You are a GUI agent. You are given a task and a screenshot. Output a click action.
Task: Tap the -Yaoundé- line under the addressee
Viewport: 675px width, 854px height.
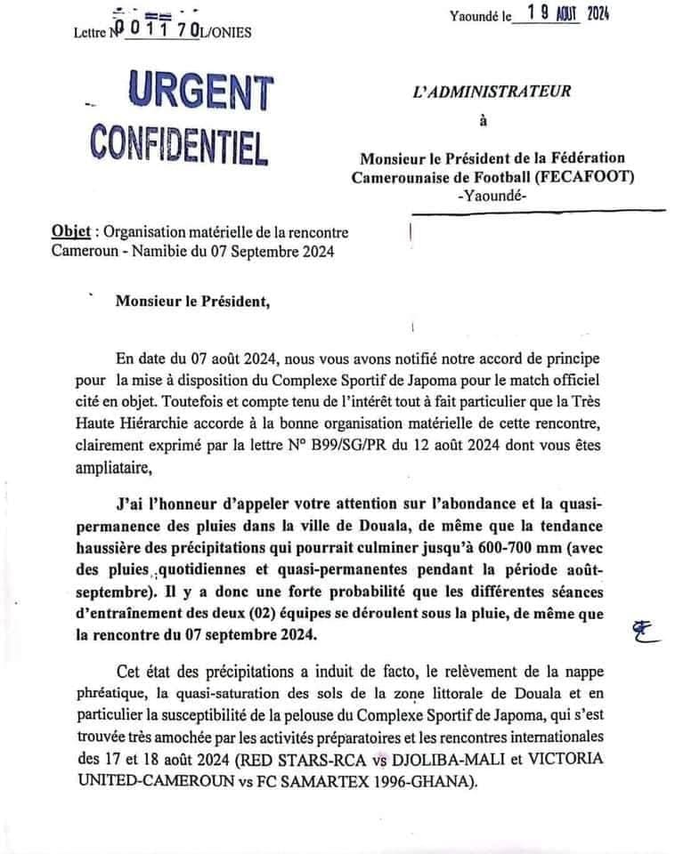click(492, 196)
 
